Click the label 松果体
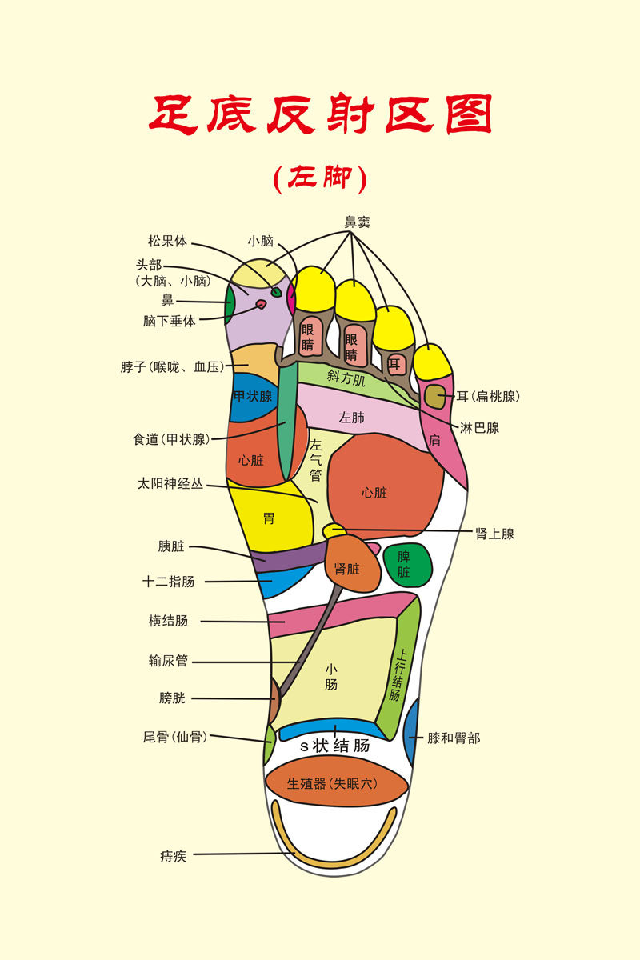point(166,240)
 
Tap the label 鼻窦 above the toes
point(357,222)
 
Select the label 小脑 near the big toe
point(261,240)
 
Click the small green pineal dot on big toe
point(277,293)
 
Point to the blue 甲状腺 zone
point(252,400)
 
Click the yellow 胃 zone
point(269,516)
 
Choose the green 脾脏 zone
point(406,565)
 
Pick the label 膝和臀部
point(454,738)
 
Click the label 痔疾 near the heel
point(173,856)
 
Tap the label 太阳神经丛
point(170,484)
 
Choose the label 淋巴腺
point(479,428)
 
